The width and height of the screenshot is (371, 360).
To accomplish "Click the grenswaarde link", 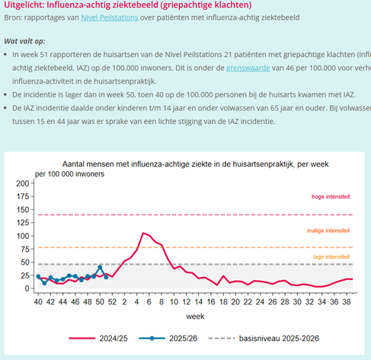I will [247, 68].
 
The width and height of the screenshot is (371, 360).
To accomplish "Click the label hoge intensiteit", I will [331, 196].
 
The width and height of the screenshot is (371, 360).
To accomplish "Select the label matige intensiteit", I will [329, 230].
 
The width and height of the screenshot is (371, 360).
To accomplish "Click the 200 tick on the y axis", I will [21, 184].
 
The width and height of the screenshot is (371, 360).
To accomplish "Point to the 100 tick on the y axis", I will [21, 237].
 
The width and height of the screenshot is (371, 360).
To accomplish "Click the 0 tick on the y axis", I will [26, 289].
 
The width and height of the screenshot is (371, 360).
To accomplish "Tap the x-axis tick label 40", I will [38, 301].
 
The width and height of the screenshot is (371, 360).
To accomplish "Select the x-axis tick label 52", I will [112, 301].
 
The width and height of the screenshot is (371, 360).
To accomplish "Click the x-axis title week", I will [195, 314].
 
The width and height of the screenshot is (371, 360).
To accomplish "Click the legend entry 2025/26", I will [183, 338].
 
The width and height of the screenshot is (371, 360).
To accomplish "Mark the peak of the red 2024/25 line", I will [143, 233].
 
